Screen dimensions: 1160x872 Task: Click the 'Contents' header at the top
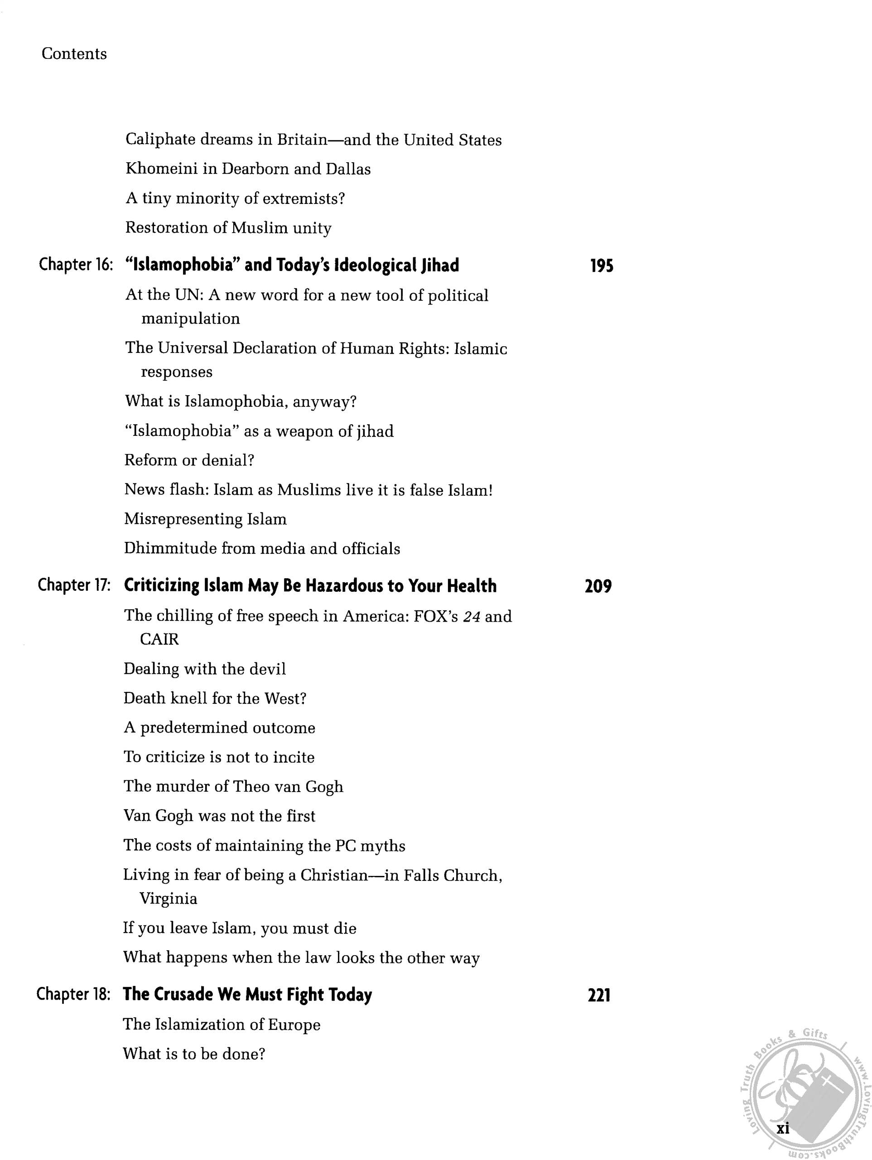pyautogui.click(x=74, y=54)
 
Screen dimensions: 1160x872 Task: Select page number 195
pyautogui.click(x=602, y=266)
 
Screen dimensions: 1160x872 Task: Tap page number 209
pyautogui.click(x=598, y=586)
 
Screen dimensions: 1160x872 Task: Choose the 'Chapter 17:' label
pyautogui.click(x=74, y=585)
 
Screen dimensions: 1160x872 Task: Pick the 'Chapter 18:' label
pyautogui.click(x=73, y=994)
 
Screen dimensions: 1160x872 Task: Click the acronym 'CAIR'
pyautogui.click(x=159, y=639)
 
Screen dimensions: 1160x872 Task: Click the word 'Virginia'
pyautogui.click(x=169, y=899)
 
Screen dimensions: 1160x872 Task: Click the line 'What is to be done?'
pyautogui.click(x=194, y=1054)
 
